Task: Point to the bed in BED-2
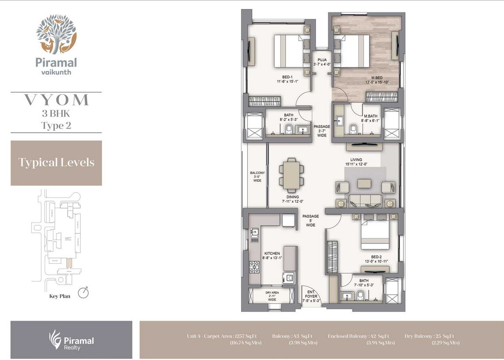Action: click(375, 234)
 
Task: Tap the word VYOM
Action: click(56, 100)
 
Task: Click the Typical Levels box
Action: click(56, 163)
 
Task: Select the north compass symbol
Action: click(83, 292)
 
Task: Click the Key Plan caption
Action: click(60, 296)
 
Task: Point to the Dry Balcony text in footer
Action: click(419, 336)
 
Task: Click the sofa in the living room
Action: click(365, 200)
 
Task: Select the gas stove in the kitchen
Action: click(255, 267)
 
